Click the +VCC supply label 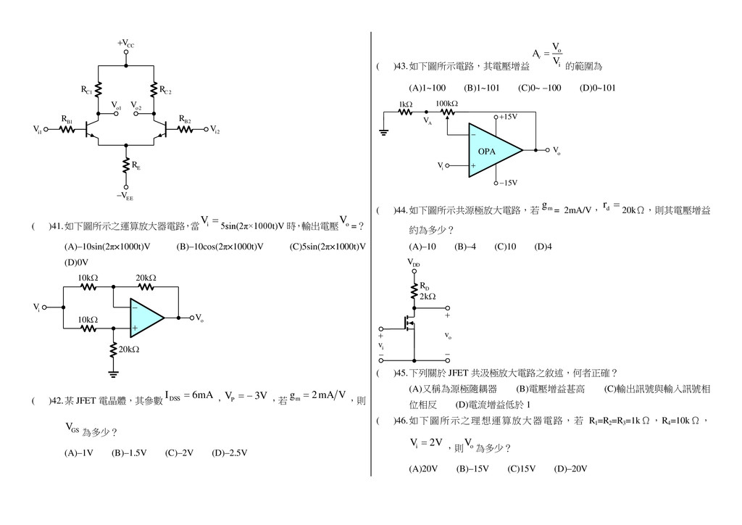point(125,44)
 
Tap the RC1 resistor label point(86,91)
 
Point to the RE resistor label point(136,167)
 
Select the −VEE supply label point(125,196)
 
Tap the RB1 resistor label point(66,119)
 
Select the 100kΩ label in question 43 point(446,104)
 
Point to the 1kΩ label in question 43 point(405,104)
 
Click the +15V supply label point(507,117)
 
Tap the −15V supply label point(507,182)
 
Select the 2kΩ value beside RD point(428,296)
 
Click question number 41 point(56,226)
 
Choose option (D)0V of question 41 point(76,262)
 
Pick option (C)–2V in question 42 point(179,453)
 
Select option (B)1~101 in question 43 point(482,88)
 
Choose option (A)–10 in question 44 point(422,247)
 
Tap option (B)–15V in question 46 point(472,468)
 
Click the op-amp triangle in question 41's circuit point(146,317)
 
